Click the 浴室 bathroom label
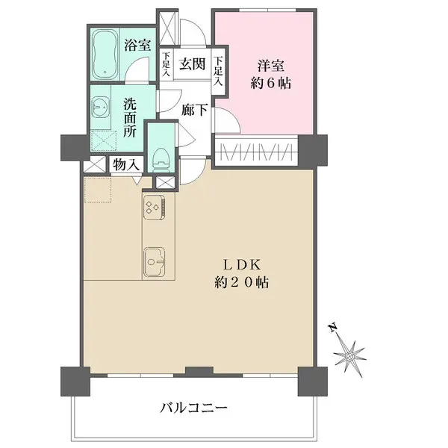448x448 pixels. point(137,46)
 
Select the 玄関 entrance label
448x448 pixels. point(192,64)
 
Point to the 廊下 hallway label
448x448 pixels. point(194,110)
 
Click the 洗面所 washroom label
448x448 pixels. point(130,117)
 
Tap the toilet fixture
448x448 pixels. point(158,156)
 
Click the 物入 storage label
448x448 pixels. point(123,166)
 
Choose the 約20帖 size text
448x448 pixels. point(238,284)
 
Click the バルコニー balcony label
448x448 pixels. point(193,408)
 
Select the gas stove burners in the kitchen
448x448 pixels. point(155,207)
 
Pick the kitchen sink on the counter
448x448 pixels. point(155,261)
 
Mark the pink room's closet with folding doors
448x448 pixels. point(257,152)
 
